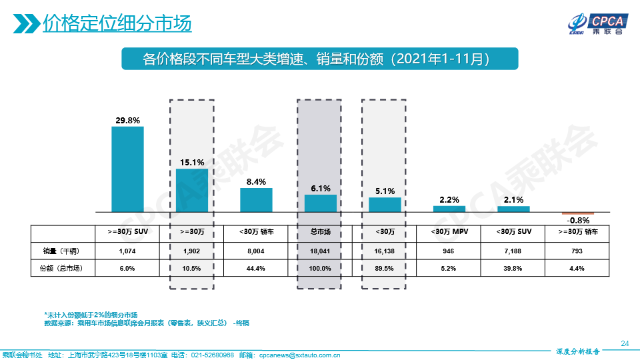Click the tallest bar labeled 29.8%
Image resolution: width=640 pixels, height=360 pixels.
pos(127,169)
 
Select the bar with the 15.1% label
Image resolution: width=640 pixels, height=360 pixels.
pos(192,190)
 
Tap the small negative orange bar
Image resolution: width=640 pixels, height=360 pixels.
pos(577,213)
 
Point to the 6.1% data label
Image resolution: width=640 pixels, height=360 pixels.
pos(321,189)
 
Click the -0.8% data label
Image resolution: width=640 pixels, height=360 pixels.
pos(577,221)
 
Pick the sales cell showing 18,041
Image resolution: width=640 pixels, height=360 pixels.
pos(321,251)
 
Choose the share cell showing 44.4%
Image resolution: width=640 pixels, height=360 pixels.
pos(256,269)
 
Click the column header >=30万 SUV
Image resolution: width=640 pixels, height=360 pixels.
pos(127,232)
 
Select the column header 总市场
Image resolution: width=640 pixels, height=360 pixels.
pos(321,232)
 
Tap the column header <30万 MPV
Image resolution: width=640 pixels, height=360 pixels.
pos(449,232)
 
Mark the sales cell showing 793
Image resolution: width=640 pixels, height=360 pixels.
pos(577,251)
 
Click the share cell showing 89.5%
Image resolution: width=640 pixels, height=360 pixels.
pos(385,269)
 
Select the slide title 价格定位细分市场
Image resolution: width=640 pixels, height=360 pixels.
pos(117,24)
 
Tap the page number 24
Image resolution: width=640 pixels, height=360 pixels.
pos(625,343)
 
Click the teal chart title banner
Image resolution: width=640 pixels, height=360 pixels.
pos(320,59)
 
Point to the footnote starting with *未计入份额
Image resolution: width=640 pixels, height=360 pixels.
pos(91,315)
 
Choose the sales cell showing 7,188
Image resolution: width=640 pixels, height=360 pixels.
pos(513,251)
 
